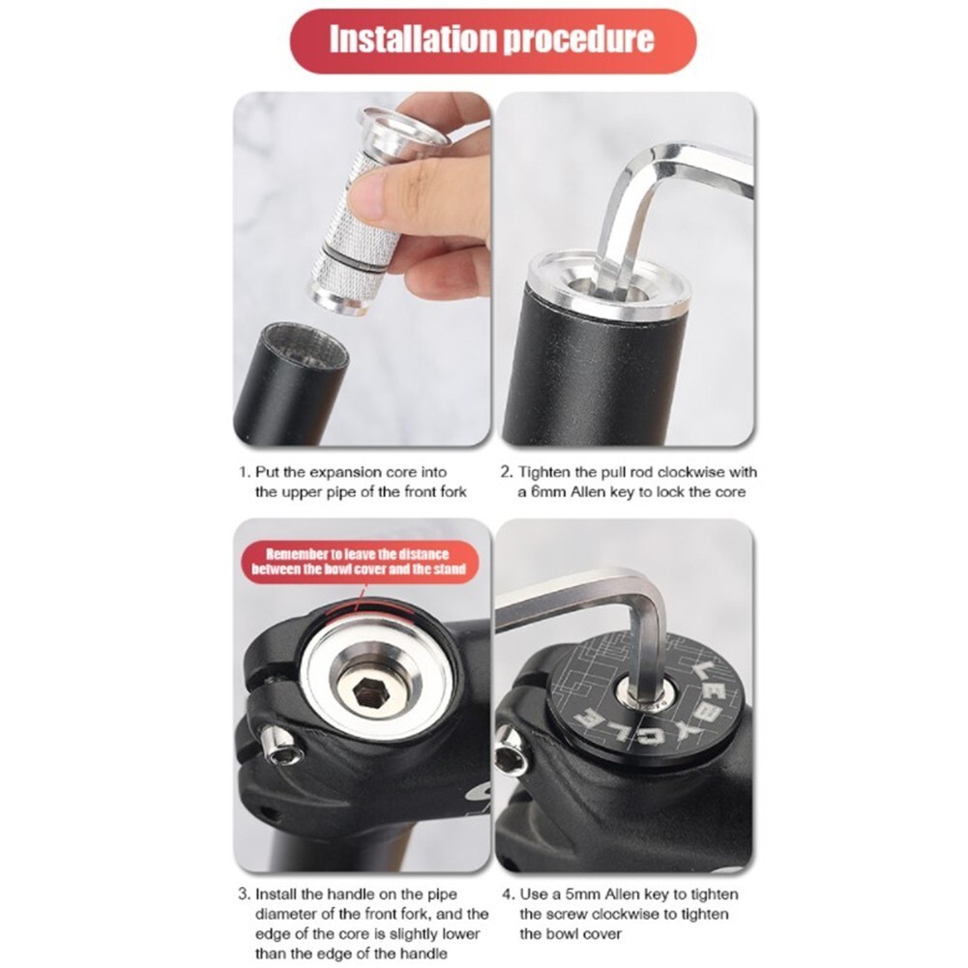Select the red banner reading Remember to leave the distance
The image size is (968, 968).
coord(358,562)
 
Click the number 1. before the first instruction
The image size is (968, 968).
coord(245,473)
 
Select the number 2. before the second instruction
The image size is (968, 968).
coord(506,473)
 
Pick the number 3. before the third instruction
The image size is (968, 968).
coord(245,895)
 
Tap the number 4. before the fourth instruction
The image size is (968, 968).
coord(506,895)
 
